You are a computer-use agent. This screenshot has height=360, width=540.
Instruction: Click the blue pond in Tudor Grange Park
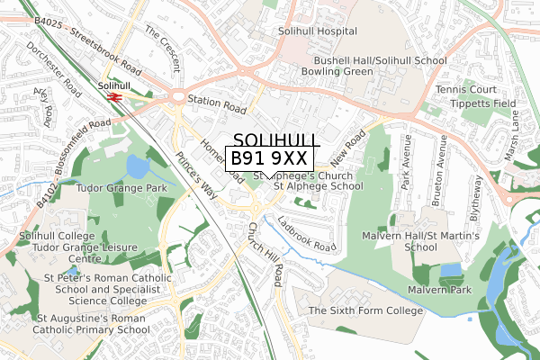[x=139, y=166]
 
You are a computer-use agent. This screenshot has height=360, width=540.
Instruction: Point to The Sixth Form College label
[x=365, y=310]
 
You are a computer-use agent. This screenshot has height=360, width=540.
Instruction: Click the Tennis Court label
[x=465, y=90]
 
